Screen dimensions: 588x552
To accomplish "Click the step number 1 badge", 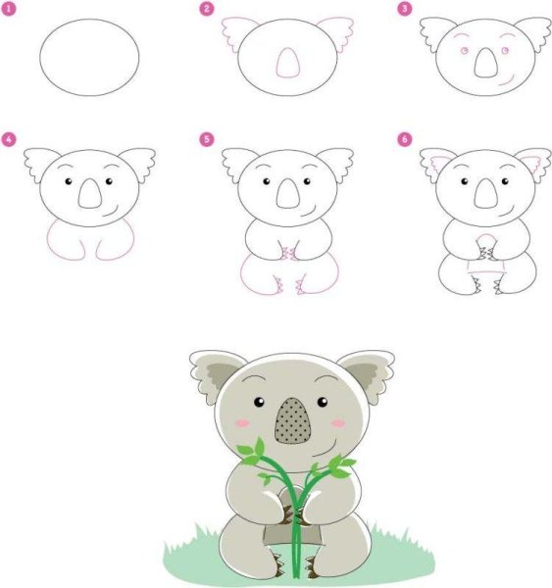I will point(8,9).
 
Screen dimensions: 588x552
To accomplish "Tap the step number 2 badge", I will point(206,9).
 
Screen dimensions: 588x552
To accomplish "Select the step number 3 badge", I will point(403,9).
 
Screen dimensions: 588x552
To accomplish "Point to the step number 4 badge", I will point(8,139).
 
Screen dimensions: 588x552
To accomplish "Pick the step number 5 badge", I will point(206,139).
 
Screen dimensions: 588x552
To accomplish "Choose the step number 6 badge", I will point(403,139).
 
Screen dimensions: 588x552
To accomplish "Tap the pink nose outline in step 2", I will point(286,65).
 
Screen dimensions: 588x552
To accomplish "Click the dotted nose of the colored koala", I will point(295,421).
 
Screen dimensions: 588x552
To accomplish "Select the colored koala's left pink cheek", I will point(242,422).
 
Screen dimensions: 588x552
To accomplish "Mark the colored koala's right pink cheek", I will point(339,422).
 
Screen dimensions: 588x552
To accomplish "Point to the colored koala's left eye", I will point(260,403).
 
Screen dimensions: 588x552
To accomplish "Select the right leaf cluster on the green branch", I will point(337,466).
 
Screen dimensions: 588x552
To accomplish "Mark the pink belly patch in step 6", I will point(482,261).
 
